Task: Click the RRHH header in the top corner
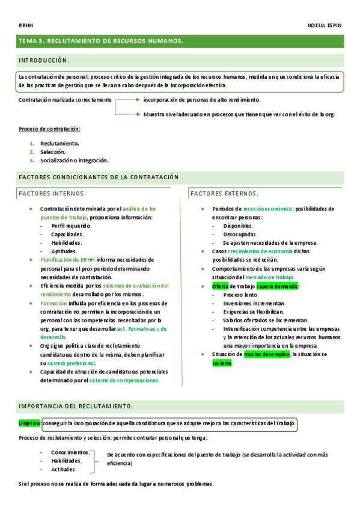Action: pos(25,26)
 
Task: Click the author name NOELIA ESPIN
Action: pos(325,26)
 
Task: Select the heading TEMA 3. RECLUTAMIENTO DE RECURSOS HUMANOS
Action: pos(101,41)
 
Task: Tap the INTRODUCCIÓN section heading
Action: pos(44,61)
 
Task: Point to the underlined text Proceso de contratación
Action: pos(49,129)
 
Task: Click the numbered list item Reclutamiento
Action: pos(59,144)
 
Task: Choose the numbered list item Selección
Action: pos(53,152)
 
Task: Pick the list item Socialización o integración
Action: pos(74,161)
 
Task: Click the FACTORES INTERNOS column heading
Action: pos(52,194)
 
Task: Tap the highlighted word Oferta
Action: pos(221,286)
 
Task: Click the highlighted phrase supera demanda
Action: pos(276,286)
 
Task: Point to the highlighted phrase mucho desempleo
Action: pos(267,355)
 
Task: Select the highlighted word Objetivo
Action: pos(30,423)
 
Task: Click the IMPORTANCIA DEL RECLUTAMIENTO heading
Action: pos(76,405)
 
